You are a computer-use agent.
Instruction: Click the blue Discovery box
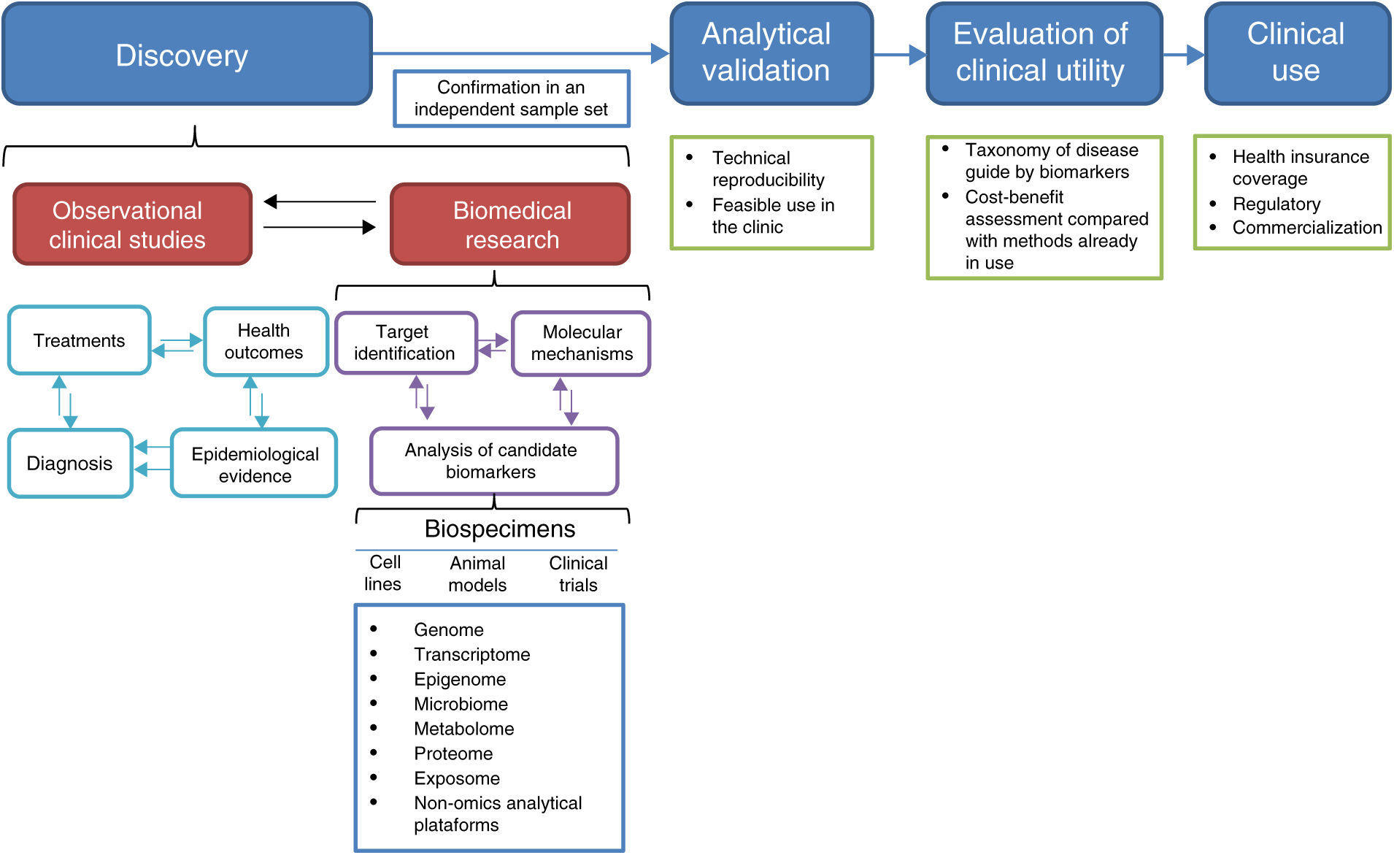click(188, 54)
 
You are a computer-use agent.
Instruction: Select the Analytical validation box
click(771, 54)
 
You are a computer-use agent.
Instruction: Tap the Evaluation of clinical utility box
click(1044, 54)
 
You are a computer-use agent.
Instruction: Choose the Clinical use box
click(1298, 54)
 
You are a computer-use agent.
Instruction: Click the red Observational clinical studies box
click(133, 224)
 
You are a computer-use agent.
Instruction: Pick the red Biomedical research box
click(510, 224)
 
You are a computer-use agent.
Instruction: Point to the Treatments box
click(80, 340)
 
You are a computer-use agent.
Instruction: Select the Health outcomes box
click(266, 342)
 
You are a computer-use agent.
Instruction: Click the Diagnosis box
click(71, 463)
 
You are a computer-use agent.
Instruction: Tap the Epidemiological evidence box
click(254, 463)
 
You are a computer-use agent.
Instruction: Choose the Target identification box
click(407, 342)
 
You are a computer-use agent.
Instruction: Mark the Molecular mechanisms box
click(581, 343)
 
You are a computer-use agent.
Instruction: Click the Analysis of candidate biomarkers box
click(494, 461)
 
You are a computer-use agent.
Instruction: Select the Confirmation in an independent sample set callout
click(512, 99)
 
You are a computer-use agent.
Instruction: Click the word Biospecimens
click(500, 529)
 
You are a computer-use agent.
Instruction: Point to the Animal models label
click(477, 574)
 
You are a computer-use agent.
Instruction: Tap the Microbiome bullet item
click(461, 704)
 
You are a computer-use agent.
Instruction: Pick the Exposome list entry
click(457, 778)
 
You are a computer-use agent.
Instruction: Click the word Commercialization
click(1307, 228)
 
